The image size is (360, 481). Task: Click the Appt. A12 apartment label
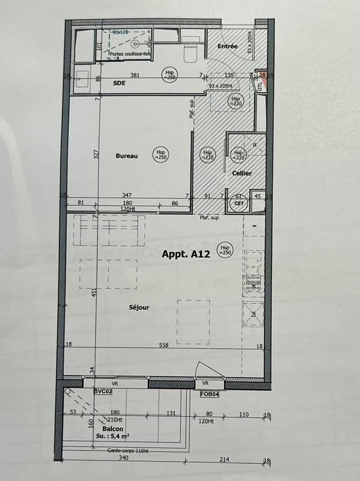[185, 254]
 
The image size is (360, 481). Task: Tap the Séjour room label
[139, 307]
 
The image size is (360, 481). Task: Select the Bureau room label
[127, 156]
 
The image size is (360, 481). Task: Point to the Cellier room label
[242, 173]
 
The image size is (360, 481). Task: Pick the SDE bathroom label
[120, 84]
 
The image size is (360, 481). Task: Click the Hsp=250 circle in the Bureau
[160, 154]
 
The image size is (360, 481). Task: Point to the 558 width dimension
[163, 345]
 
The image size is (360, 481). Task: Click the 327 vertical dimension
[96, 153]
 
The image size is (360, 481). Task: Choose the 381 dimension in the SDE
[135, 75]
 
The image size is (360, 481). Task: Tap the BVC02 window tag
[103, 391]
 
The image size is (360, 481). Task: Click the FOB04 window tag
[210, 394]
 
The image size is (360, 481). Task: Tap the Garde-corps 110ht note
[129, 450]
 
